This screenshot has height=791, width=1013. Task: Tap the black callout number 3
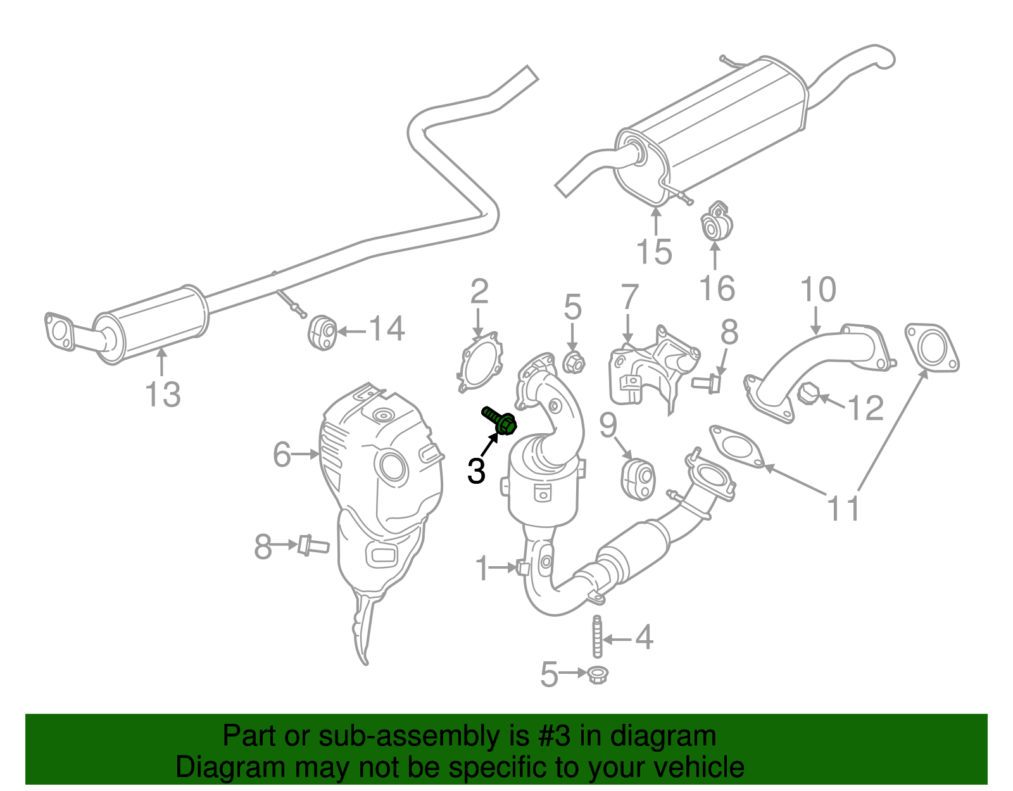[x=476, y=471]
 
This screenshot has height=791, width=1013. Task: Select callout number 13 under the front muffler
[x=163, y=395]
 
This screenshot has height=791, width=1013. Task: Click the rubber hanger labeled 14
[x=322, y=332]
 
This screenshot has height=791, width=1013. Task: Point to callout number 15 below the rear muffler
[x=654, y=251]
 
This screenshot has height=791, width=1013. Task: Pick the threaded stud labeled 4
[x=597, y=636]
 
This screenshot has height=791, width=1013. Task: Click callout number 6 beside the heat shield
[x=282, y=454]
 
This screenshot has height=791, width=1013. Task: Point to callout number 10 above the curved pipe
[x=818, y=289]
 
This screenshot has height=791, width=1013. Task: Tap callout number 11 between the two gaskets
[x=844, y=508]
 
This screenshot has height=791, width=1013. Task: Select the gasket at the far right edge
[x=931, y=348]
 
